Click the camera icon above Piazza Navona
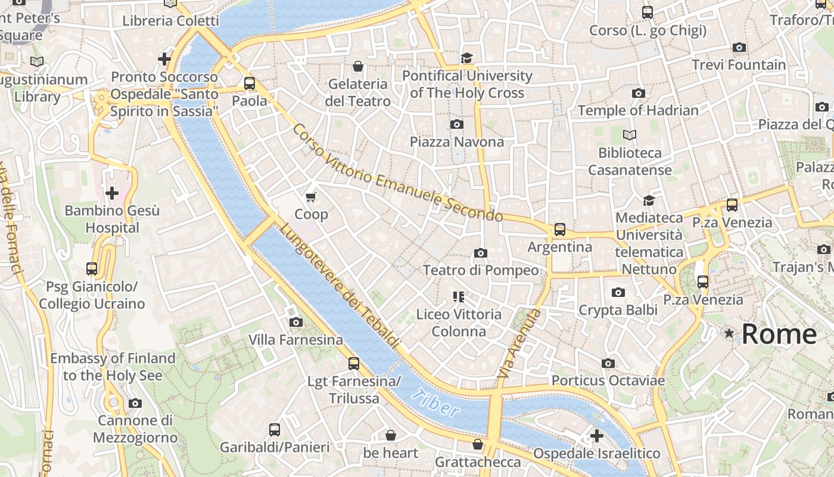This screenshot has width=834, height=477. pyautogui.click(x=457, y=124)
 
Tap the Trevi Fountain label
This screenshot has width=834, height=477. pyautogui.click(x=739, y=64)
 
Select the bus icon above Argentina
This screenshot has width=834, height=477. pyautogui.click(x=559, y=229)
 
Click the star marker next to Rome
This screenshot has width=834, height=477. pyautogui.click(x=729, y=333)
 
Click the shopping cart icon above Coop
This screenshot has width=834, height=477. pyautogui.click(x=310, y=197)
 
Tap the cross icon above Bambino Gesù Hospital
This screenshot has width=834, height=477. pyautogui.click(x=111, y=193)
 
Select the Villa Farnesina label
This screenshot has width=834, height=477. pyautogui.click(x=295, y=340)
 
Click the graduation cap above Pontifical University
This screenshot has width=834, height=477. pyautogui.click(x=466, y=58)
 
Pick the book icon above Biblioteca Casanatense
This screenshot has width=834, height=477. pyautogui.click(x=630, y=135)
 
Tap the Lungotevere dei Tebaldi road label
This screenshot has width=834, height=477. pyautogui.click(x=339, y=286)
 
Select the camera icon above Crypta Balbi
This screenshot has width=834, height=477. pyautogui.click(x=618, y=292)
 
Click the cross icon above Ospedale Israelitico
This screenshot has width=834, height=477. pyautogui.click(x=596, y=436)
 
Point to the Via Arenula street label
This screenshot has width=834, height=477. pyautogui.click(x=519, y=343)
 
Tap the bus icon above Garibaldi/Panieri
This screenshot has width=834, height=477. pyautogui.click(x=274, y=429)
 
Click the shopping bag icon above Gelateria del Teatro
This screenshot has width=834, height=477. pyautogui.click(x=358, y=66)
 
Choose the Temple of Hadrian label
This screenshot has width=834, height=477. pyautogui.click(x=638, y=110)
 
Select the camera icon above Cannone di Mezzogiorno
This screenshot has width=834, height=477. pyautogui.click(x=135, y=403)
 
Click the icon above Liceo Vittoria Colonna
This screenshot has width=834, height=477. pyautogui.click(x=458, y=296)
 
